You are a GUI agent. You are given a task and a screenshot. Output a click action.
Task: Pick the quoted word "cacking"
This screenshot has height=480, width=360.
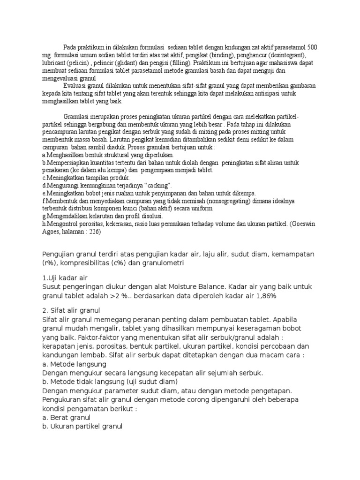[x=159, y=185]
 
